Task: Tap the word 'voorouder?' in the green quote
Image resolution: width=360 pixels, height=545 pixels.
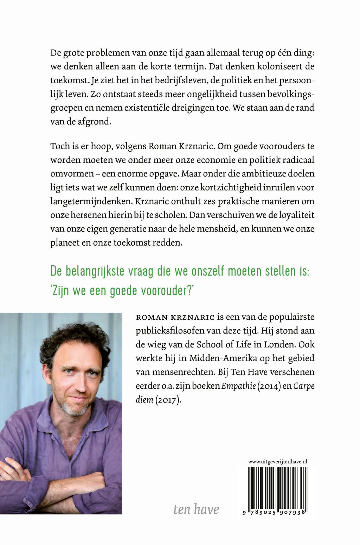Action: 166,291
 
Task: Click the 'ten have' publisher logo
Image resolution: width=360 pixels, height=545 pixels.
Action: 196,509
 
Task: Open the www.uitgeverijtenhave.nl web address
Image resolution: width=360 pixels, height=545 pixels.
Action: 278,461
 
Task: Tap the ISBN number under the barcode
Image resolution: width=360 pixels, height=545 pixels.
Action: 276,513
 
